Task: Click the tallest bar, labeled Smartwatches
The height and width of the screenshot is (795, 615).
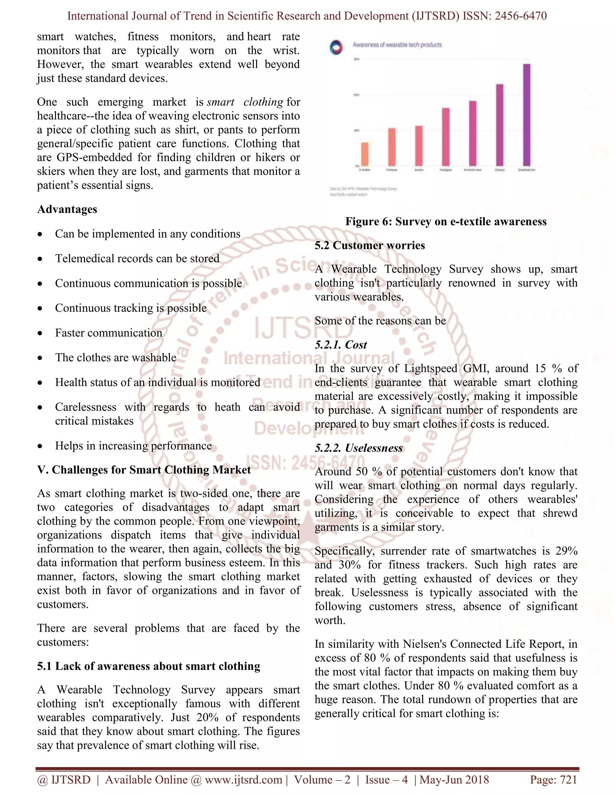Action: pyautogui.click(x=526, y=115)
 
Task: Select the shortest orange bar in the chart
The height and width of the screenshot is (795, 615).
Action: pyautogui.click(x=364, y=154)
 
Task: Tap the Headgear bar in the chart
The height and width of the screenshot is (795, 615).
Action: pyautogui.click(x=446, y=137)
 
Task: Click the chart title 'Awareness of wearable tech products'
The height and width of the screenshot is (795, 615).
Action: pyautogui.click(x=397, y=45)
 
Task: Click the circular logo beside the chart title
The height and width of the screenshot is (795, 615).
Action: pyautogui.click(x=336, y=48)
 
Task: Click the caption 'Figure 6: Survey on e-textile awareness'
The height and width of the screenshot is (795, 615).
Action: pyautogui.click(x=446, y=221)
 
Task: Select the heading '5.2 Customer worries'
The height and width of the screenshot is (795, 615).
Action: pyautogui.click(x=369, y=245)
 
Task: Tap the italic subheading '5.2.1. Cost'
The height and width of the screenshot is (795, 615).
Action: pyautogui.click(x=341, y=345)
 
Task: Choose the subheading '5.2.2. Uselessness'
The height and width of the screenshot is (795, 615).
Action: pyautogui.click(x=359, y=448)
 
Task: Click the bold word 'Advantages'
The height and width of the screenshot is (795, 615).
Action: pyautogui.click(x=67, y=209)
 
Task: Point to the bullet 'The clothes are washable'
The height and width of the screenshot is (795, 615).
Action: pyautogui.click(x=116, y=358)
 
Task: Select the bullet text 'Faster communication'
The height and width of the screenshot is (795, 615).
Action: pyautogui.click(x=109, y=333)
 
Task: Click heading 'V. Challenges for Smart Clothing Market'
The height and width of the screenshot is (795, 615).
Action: pyautogui.click(x=144, y=469)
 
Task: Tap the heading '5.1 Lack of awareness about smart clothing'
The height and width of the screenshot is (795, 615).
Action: pyautogui.click(x=149, y=666)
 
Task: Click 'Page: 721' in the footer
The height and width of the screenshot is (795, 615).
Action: pyautogui.click(x=553, y=780)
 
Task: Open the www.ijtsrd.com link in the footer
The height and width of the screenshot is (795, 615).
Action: pyautogui.click(x=243, y=780)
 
